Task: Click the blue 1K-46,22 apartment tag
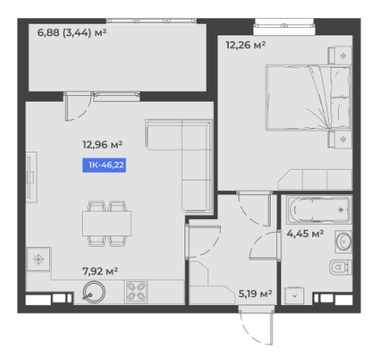point(104,165)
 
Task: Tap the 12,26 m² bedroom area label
point(245,45)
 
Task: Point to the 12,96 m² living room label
point(103,144)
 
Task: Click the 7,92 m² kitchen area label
point(100,271)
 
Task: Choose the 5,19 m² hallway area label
point(255,294)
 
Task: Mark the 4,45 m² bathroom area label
point(305,234)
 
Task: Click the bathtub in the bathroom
point(318,209)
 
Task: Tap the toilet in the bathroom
point(340,267)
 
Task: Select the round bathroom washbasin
point(344,242)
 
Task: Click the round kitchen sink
point(93,292)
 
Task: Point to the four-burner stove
point(136,291)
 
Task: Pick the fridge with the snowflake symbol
point(39,259)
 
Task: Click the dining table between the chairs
point(107,223)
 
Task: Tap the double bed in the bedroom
point(308,98)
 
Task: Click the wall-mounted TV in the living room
point(31,177)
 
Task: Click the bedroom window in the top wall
point(284,26)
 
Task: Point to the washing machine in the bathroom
point(294,296)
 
